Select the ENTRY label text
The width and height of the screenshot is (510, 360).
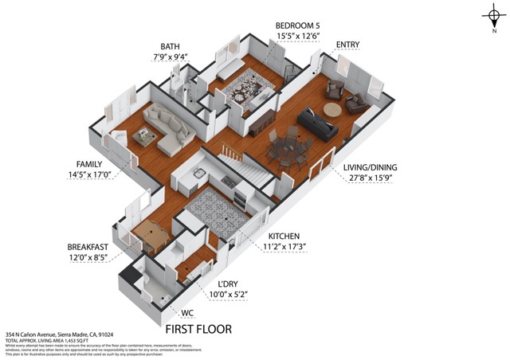(347, 44)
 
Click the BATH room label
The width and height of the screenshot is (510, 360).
(171, 47)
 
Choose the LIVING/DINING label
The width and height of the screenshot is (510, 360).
(370, 168)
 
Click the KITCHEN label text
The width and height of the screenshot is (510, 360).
(284, 237)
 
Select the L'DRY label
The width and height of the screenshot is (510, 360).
(227, 284)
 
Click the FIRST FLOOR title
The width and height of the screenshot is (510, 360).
(198, 329)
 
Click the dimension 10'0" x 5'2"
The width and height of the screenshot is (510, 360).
(227, 295)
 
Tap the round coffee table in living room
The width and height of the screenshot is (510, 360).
(331, 109)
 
